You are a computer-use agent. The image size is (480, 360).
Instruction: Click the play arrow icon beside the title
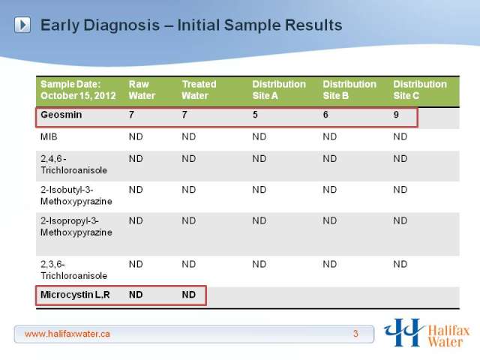pyautogui.click(x=22, y=25)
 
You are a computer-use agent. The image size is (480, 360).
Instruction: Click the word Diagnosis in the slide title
pyautogui.click(x=121, y=25)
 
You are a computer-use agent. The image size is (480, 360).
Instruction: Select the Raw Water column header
pyautogui.click(x=142, y=90)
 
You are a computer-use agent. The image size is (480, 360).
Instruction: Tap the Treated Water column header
pyautogui.click(x=199, y=90)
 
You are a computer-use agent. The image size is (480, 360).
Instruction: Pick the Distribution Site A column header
pyautogui.click(x=279, y=90)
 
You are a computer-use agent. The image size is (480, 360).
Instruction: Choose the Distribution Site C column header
pyautogui.click(x=420, y=90)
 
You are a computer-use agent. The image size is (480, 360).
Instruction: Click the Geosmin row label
pyautogui.click(x=61, y=115)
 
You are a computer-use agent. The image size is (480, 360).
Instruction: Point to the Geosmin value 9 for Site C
pyautogui.click(x=396, y=115)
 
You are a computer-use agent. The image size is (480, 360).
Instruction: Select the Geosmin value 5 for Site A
pyautogui.click(x=255, y=115)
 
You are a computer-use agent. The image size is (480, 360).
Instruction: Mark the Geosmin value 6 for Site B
pyautogui.click(x=325, y=115)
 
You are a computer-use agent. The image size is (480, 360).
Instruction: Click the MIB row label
pyautogui.click(x=49, y=136)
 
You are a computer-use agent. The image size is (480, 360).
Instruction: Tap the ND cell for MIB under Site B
pyautogui.click(x=330, y=136)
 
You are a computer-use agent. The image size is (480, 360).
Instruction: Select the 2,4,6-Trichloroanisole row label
pyautogui.click(x=73, y=164)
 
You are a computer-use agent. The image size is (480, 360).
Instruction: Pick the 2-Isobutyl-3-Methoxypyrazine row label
pyautogui.click(x=76, y=196)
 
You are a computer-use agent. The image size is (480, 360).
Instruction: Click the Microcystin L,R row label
pyautogui.click(x=75, y=295)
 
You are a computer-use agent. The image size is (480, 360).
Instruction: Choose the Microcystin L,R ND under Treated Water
pyautogui.click(x=188, y=295)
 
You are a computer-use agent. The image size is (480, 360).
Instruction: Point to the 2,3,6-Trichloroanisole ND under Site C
pyautogui.click(x=400, y=264)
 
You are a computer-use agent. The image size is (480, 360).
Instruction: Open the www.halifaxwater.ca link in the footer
pyautogui.click(x=67, y=334)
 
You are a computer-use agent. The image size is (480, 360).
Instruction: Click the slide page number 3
pyautogui.click(x=355, y=333)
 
